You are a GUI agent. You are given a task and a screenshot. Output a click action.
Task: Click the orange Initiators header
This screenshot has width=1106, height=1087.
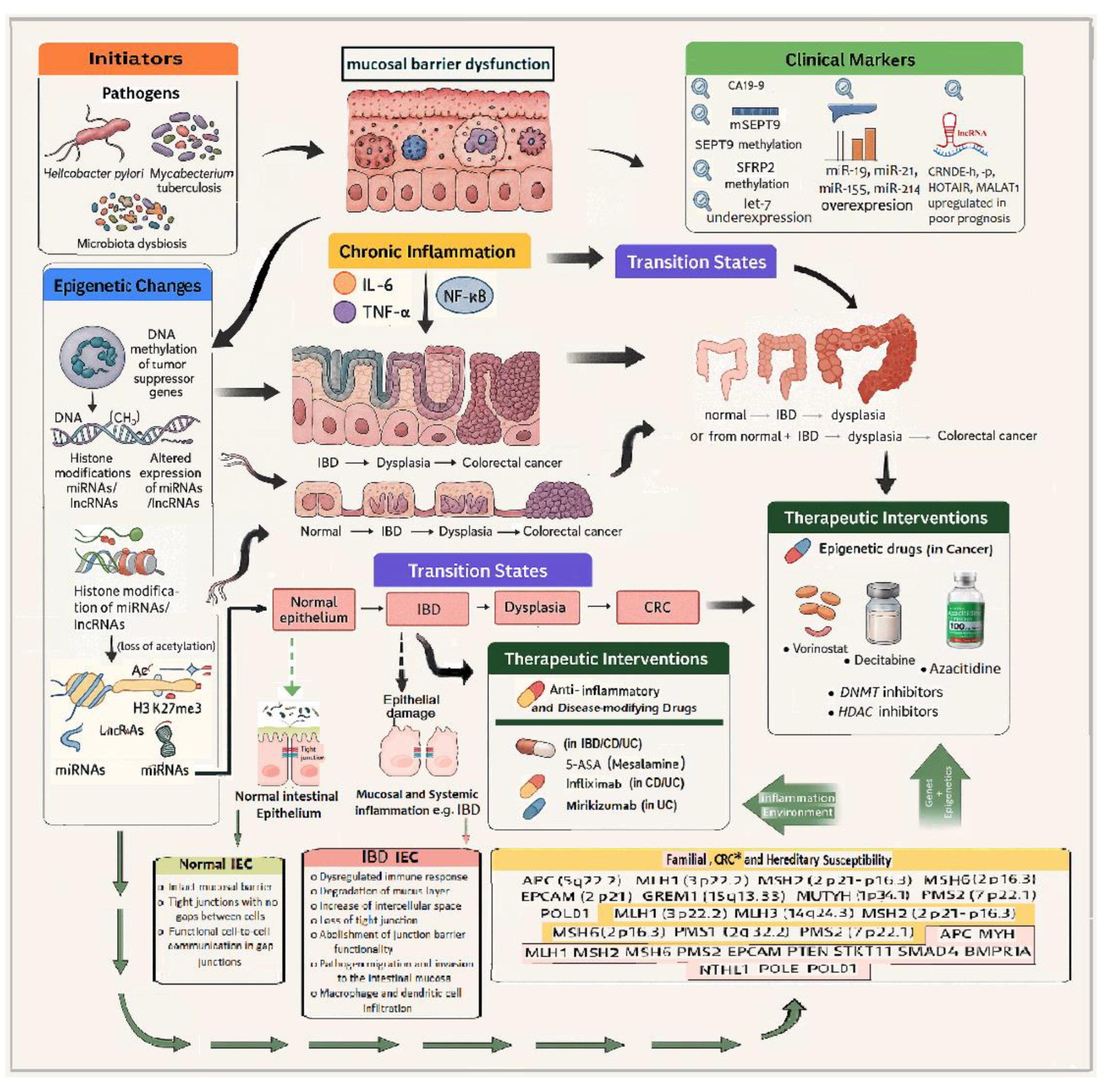(138, 59)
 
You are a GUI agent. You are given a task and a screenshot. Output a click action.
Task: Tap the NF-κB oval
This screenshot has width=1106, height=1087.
(464, 296)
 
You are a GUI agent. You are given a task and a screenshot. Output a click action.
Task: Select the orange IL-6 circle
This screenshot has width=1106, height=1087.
(344, 284)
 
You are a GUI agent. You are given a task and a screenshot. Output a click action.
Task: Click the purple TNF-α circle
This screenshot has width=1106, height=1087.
(344, 312)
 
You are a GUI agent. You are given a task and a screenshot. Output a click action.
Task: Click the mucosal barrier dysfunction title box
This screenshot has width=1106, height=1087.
(447, 64)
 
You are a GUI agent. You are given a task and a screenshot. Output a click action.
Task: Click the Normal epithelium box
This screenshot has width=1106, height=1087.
(313, 609)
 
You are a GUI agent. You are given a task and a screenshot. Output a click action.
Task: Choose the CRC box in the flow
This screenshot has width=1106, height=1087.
(657, 607)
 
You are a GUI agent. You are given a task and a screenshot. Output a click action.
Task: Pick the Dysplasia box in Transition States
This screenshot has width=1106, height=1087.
(536, 607)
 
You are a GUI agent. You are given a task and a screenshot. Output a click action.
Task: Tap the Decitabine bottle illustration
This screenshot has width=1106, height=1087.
(883, 614)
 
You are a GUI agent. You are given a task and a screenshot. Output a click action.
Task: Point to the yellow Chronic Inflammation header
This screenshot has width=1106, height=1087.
(429, 251)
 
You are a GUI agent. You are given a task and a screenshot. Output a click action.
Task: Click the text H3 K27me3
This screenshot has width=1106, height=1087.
(167, 708)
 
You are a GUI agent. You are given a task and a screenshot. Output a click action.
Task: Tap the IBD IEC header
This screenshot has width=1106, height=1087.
(390, 857)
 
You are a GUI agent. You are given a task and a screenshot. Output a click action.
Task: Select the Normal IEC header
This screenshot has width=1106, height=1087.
(217, 864)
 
